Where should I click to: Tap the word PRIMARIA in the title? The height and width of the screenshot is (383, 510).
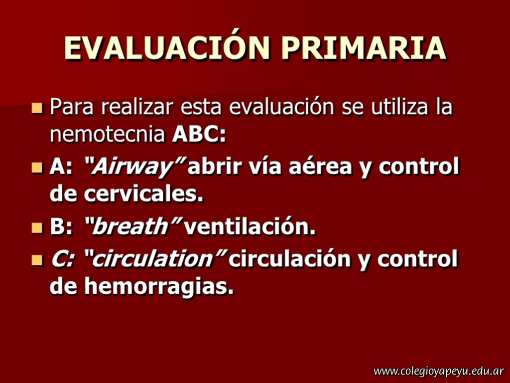(x=364, y=48)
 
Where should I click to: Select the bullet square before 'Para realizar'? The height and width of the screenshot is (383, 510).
(x=37, y=108)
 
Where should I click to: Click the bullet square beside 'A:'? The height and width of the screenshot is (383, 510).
(x=37, y=168)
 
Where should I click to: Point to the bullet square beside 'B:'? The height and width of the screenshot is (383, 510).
(x=37, y=227)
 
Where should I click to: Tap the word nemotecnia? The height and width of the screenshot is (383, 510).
(x=108, y=135)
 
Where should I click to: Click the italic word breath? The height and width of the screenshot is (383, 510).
(x=129, y=226)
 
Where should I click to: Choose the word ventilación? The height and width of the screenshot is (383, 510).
(x=250, y=226)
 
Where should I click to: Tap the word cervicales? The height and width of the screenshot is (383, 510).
(x=143, y=194)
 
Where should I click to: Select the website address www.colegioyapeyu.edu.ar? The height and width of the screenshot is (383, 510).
(x=438, y=371)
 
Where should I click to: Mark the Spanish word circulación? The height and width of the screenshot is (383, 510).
(x=289, y=259)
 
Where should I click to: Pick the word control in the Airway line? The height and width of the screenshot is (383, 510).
(x=419, y=166)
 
